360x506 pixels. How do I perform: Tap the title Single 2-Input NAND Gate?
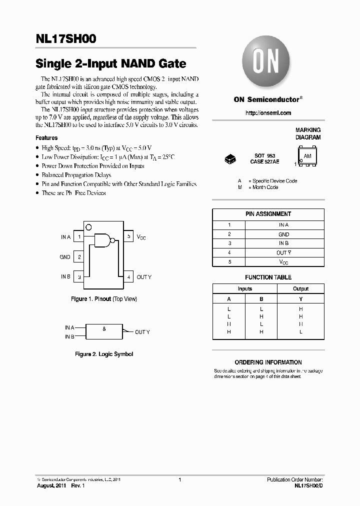[111, 64]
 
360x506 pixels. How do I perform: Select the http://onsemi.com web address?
[268, 113]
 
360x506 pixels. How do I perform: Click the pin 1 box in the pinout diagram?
[78, 236]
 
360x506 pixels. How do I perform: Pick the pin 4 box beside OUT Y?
[128, 276]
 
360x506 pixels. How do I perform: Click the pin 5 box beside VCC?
[128, 236]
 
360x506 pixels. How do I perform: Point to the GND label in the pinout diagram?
[65, 257]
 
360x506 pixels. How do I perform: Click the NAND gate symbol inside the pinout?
[103, 240]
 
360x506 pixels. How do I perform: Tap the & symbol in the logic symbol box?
[104, 328]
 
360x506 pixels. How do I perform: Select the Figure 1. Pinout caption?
[103, 299]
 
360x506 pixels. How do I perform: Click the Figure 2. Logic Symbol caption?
[104, 354]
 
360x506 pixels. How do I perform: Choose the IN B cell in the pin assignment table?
[283, 243]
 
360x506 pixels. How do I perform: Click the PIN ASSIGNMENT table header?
[268, 214]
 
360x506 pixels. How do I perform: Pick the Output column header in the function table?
[300, 288]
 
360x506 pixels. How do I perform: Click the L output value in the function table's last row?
[300, 332]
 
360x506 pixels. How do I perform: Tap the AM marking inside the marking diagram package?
[307, 156]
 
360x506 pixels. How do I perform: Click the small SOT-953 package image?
[230, 159]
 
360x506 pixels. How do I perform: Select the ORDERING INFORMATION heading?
[268, 362]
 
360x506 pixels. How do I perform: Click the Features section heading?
[46, 137]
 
